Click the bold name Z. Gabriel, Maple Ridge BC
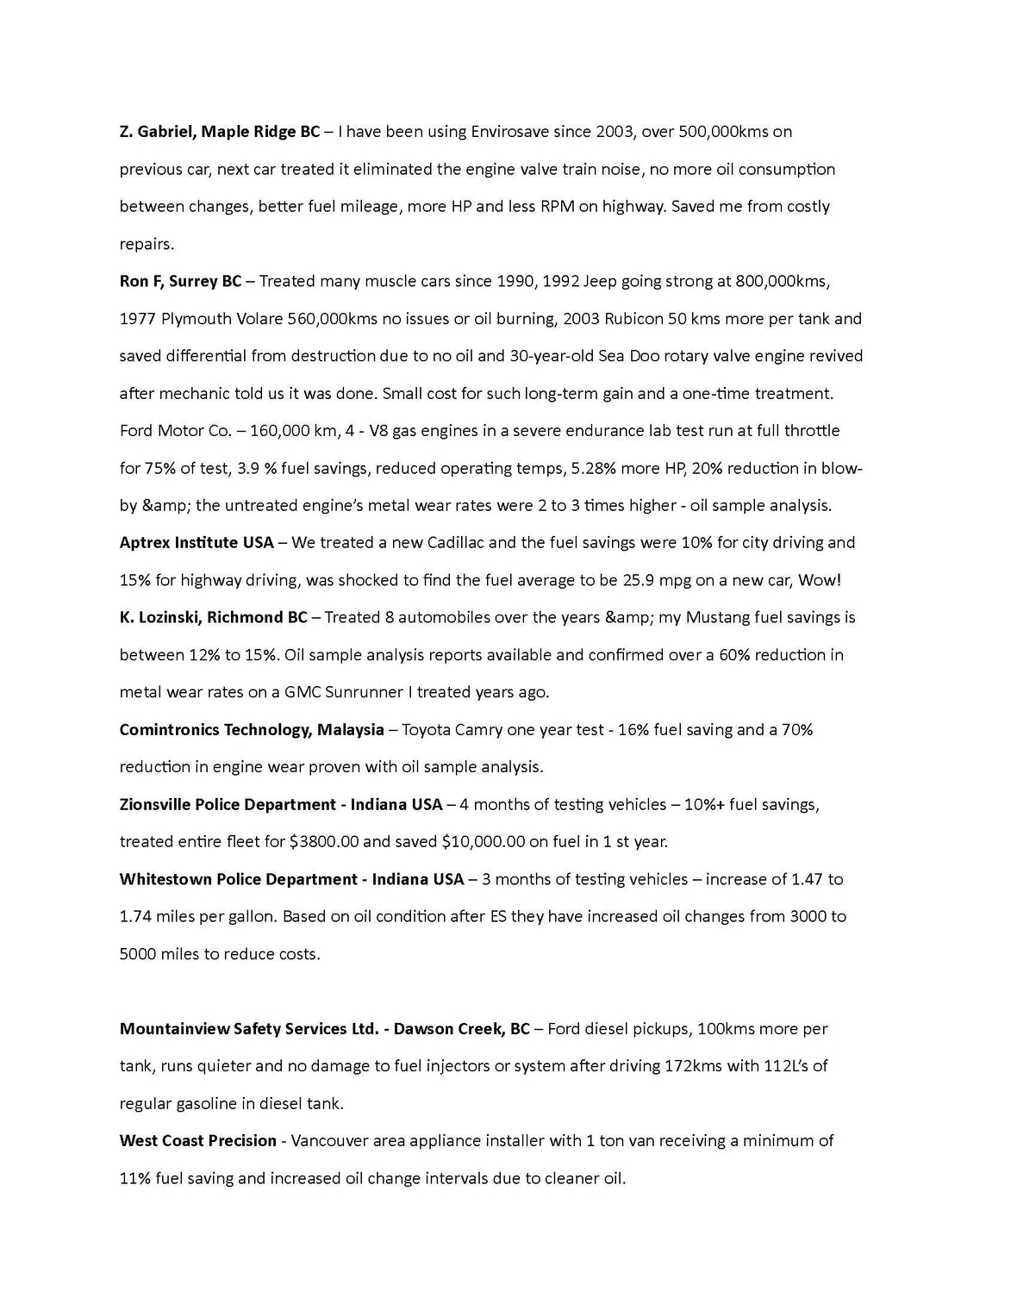click(219, 132)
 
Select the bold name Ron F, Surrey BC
click(180, 281)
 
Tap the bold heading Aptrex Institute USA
click(197, 542)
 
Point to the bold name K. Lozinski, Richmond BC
click(213, 617)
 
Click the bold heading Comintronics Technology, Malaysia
click(252, 729)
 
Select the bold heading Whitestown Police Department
click(239, 879)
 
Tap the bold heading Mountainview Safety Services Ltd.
click(249, 1028)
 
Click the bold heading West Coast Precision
click(197, 1140)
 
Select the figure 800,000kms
click(782, 281)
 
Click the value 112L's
click(787, 1066)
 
